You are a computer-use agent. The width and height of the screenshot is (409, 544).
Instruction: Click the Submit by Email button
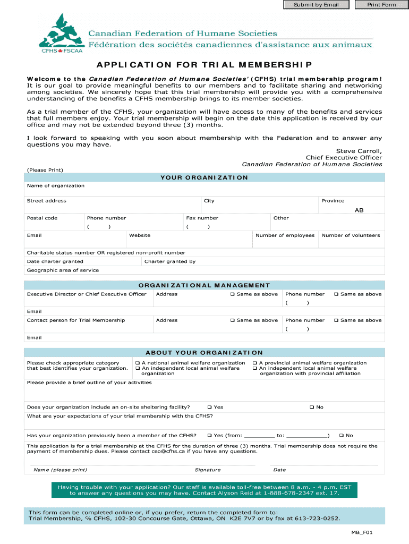[316, 5]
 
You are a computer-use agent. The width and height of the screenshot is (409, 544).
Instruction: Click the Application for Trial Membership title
[204, 65]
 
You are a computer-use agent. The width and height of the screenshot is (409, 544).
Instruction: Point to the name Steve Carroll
[359, 151]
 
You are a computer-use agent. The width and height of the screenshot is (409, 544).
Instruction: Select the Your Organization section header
[204, 177]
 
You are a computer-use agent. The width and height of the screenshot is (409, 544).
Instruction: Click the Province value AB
[359, 210]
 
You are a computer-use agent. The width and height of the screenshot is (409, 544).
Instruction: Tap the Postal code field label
[42, 218]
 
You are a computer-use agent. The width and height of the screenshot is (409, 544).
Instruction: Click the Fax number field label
[202, 218]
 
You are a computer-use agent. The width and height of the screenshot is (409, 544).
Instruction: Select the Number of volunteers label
[351, 235]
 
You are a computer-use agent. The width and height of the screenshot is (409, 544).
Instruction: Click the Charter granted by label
[170, 261]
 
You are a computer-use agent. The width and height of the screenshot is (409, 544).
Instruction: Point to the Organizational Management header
[204, 285]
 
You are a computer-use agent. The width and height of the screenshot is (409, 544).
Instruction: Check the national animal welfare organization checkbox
[137, 363]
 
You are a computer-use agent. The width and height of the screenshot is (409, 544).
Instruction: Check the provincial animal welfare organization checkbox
[254, 363]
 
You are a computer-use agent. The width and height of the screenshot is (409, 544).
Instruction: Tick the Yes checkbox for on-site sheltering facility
[210, 407]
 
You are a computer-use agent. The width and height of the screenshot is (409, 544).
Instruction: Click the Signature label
[208, 470]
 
